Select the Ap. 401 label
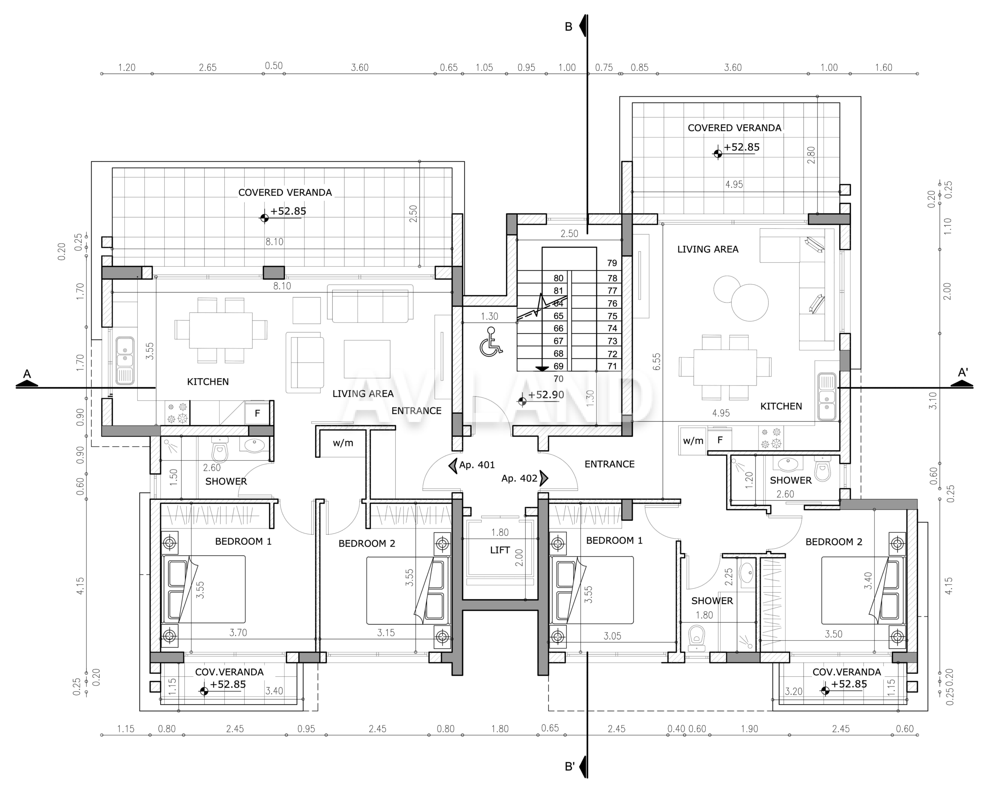tap(477, 465)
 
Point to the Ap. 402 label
tap(519, 478)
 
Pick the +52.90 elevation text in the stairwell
tap(546, 395)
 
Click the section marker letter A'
tap(963, 372)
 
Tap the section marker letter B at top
tap(568, 27)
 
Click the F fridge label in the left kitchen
tap(257, 413)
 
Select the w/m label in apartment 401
tap(343, 443)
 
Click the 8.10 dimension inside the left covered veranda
tap(274, 242)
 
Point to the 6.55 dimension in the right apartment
tap(656, 362)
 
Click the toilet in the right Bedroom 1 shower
tap(696, 638)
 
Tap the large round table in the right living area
tap(750, 302)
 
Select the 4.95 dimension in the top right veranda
tap(734, 184)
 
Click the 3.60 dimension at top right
tap(733, 67)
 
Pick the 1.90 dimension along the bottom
tap(750, 728)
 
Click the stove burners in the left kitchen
tap(177, 413)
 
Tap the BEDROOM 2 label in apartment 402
tap(834, 542)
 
